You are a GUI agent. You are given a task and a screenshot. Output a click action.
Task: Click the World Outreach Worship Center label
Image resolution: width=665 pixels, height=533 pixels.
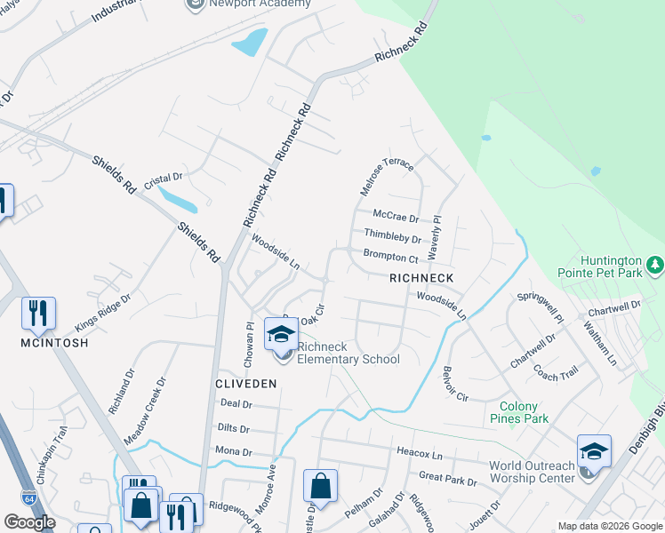[x=532, y=472]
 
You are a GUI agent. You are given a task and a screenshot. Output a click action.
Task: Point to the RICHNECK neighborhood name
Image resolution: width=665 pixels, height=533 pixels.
[x=421, y=278]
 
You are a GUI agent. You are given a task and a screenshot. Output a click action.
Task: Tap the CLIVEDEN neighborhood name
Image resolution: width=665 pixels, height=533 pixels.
[x=246, y=383]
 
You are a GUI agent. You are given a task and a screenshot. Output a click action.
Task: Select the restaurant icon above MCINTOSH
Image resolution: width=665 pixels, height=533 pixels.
[x=38, y=312]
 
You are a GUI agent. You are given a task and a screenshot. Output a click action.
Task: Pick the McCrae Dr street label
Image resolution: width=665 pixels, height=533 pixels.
[x=396, y=217]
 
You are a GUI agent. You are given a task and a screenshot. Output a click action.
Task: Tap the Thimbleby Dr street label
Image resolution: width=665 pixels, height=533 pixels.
[x=392, y=237]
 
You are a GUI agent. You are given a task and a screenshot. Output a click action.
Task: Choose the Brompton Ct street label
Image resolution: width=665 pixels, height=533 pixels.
[x=390, y=258]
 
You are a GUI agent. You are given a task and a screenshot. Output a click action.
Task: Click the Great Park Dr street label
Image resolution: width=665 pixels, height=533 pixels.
[x=447, y=479]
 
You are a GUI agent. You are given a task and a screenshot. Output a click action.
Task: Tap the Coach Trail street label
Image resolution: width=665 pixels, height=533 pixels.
[x=557, y=375]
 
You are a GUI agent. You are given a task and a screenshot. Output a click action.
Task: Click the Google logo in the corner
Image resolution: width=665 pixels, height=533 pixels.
[x=29, y=522]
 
